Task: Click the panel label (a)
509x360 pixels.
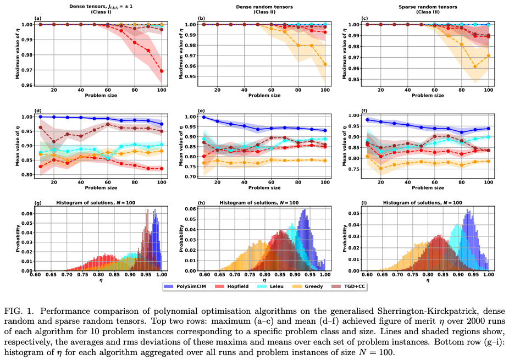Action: click(37, 19)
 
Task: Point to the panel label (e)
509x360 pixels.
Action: click(200, 110)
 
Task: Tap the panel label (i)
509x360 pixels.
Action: click(362, 202)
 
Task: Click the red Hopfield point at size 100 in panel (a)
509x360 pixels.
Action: click(162, 71)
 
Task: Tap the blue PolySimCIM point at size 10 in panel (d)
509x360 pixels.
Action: click(40, 117)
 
